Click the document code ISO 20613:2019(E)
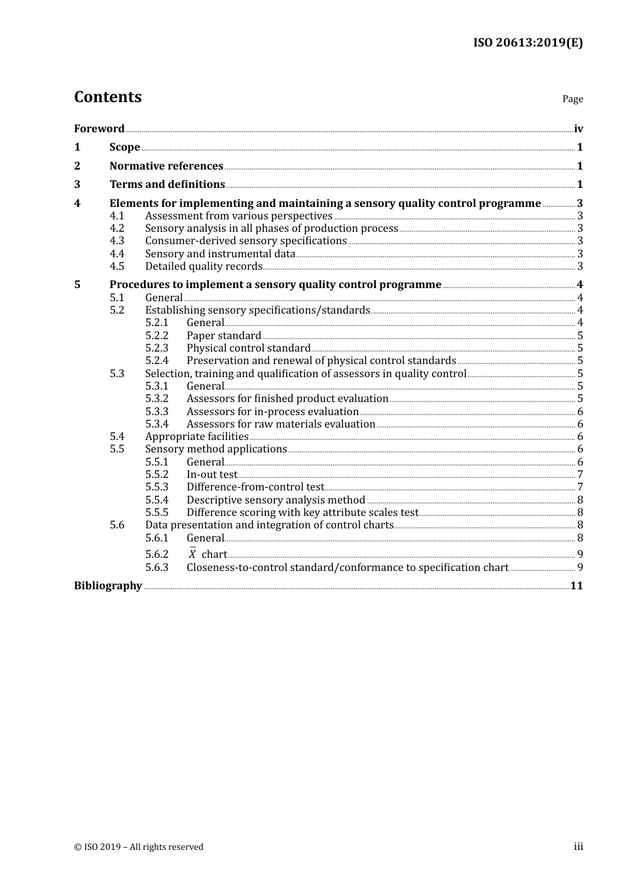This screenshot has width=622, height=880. coord(528,43)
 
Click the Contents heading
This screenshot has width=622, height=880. coord(107,97)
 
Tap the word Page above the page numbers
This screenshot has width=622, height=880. coord(572,99)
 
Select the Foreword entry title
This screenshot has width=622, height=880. coord(99,128)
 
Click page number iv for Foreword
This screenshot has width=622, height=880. coord(578,129)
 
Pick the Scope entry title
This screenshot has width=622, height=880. coord(124,147)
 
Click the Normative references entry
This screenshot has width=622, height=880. coord(166,166)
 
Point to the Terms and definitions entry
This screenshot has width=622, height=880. coord(167,185)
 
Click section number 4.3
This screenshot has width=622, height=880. coord(117,241)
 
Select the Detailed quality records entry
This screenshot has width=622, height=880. coord(204,266)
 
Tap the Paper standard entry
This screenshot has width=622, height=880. coord(224,336)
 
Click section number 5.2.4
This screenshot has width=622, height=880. coord(156,361)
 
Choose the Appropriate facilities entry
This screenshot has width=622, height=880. coord(196,437)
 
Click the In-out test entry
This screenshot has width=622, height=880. coord(211,475)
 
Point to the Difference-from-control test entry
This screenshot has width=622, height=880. coord(255,487)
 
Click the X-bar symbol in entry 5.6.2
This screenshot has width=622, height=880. coord(192,554)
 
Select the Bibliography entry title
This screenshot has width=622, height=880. coord(108,586)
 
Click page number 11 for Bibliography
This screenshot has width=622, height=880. coord(576,586)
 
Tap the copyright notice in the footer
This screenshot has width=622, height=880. coord(139,847)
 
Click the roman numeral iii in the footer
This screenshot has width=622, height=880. coord(578,847)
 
